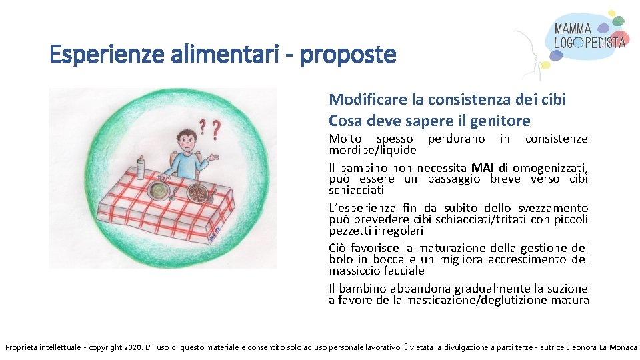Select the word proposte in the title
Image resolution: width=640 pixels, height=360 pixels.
(x=348, y=55)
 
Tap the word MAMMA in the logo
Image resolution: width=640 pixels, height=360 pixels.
(x=573, y=29)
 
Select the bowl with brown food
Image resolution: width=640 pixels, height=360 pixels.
(x=197, y=193)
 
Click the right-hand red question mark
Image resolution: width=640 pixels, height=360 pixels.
(x=216, y=128)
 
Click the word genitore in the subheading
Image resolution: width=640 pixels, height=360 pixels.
(x=502, y=121)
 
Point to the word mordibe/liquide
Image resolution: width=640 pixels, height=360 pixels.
(x=372, y=150)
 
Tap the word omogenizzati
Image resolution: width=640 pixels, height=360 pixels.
(x=551, y=167)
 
